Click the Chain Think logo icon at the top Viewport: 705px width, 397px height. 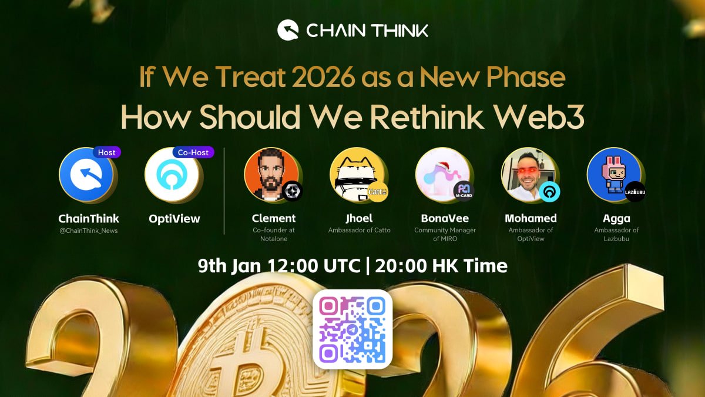[288, 30]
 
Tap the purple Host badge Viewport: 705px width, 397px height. [106, 152]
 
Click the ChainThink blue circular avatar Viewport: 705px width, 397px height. [87, 176]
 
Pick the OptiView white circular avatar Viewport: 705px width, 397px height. [173, 176]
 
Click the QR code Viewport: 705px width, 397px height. [352, 329]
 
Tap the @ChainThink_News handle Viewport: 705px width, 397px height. [89, 231]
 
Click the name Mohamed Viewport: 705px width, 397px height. [531, 218]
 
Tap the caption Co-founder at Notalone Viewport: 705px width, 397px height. [274, 234]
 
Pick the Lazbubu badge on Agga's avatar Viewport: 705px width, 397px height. [634, 192]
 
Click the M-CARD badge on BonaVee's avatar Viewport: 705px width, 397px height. [464, 191]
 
